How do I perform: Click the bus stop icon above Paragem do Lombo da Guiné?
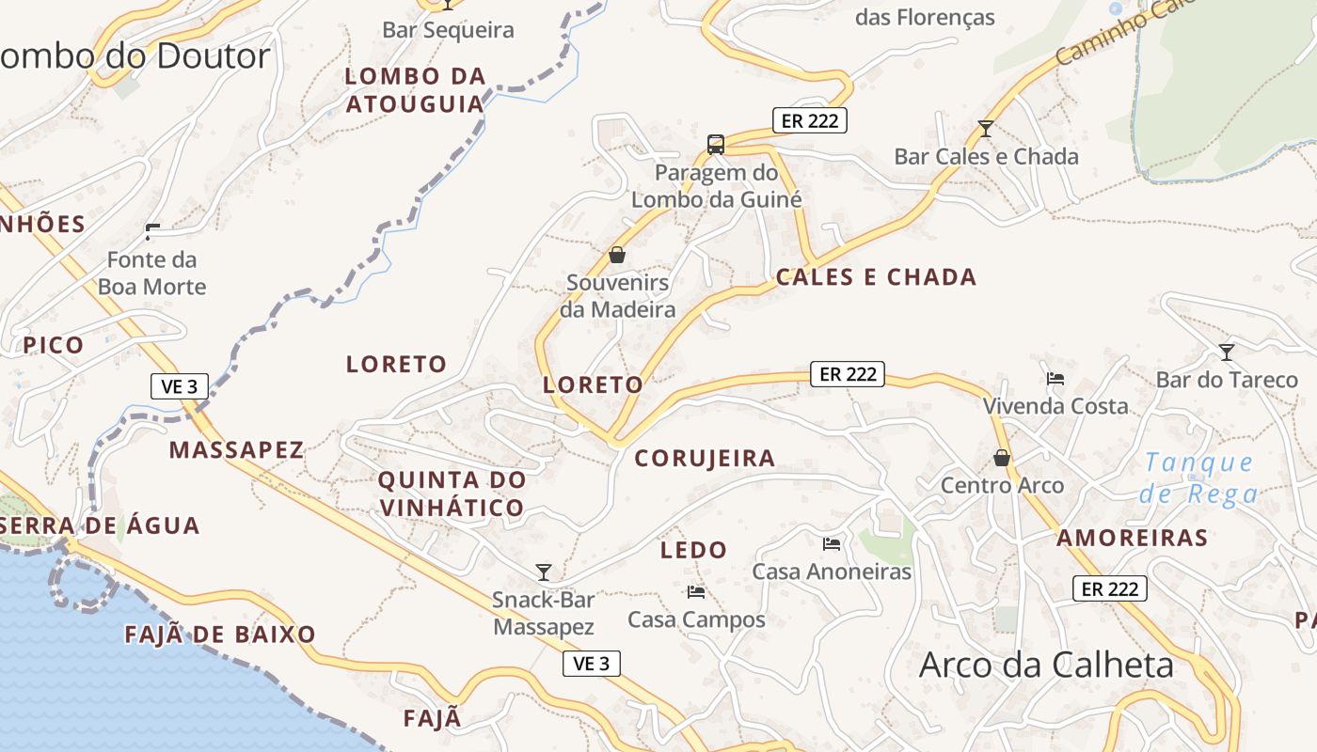coord(716,144)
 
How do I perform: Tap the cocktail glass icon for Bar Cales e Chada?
coord(986,128)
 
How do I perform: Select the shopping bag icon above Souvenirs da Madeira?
coord(617,254)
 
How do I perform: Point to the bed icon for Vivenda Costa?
coord(1055,379)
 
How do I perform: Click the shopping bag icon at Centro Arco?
coord(1002,458)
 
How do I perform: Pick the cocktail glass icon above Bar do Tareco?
coord(1227,352)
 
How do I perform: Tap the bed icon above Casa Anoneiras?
coord(832,543)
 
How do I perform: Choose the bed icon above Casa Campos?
coord(696,591)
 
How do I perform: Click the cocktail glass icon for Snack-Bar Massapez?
coord(543,572)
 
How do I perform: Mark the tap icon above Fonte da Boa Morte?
coord(151,231)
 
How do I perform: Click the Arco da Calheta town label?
coord(1046,665)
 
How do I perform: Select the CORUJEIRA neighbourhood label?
coord(705,458)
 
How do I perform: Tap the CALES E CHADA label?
coord(876,276)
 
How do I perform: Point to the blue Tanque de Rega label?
coord(1198,478)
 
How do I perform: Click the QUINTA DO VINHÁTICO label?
coord(452,493)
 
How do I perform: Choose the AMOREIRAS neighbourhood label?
coord(1132,538)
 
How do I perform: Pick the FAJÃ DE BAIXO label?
coord(220,634)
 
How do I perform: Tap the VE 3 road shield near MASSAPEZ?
coord(180,386)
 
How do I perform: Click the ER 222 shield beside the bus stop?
coord(810,120)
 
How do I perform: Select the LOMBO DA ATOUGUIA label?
coord(415,89)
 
